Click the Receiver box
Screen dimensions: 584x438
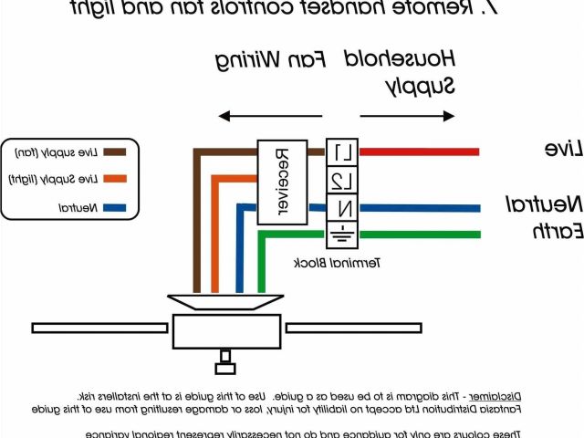[x=281, y=183]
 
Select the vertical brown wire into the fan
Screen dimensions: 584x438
[x=195, y=228]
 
